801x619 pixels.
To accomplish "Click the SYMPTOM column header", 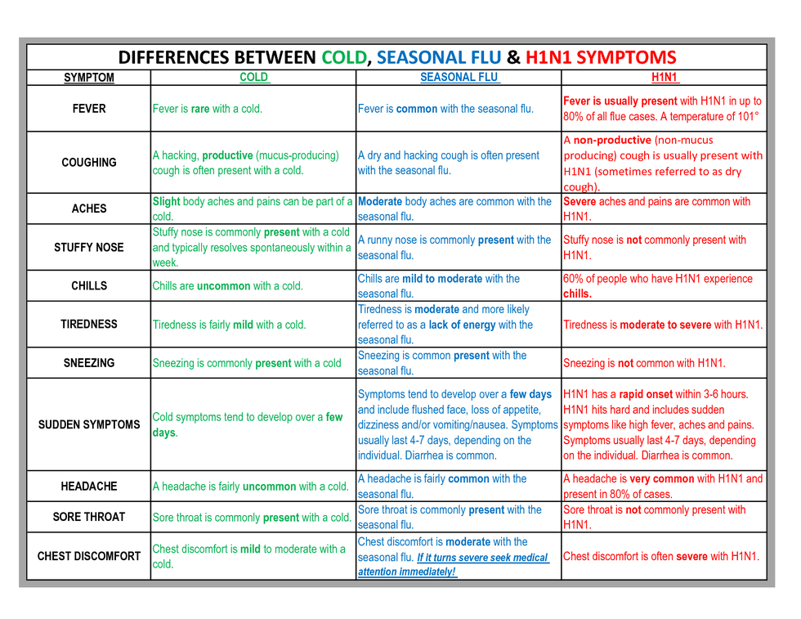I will click(x=89, y=78).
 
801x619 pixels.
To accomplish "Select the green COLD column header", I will click(x=253, y=78).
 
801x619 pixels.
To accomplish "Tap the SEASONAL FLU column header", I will click(x=459, y=78).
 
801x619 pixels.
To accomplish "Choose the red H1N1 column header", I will click(x=664, y=78).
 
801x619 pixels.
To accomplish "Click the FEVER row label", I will click(x=89, y=109).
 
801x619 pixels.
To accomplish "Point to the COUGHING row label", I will click(x=89, y=163).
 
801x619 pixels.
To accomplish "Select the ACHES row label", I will click(x=89, y=209).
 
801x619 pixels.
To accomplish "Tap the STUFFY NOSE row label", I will click(x=89, y=247).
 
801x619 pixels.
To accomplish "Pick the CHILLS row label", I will click(x=89, y=286).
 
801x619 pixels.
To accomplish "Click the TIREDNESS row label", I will click(x=89, y=324).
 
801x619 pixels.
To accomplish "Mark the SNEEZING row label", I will click(x=89, y=363).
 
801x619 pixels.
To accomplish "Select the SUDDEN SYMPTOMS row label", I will click(x=89, y=424).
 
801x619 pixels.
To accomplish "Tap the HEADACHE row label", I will click(x=89, y=487).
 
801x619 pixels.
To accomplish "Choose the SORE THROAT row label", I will click(x=89, y=517).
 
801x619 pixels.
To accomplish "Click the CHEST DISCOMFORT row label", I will click(x=89, y=556).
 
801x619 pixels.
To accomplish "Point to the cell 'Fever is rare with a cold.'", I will click(x=208, y=109).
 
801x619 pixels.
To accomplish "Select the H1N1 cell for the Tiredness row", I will click(x=663, y=325).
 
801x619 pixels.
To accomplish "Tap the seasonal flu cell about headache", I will click(x=442, y=487).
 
